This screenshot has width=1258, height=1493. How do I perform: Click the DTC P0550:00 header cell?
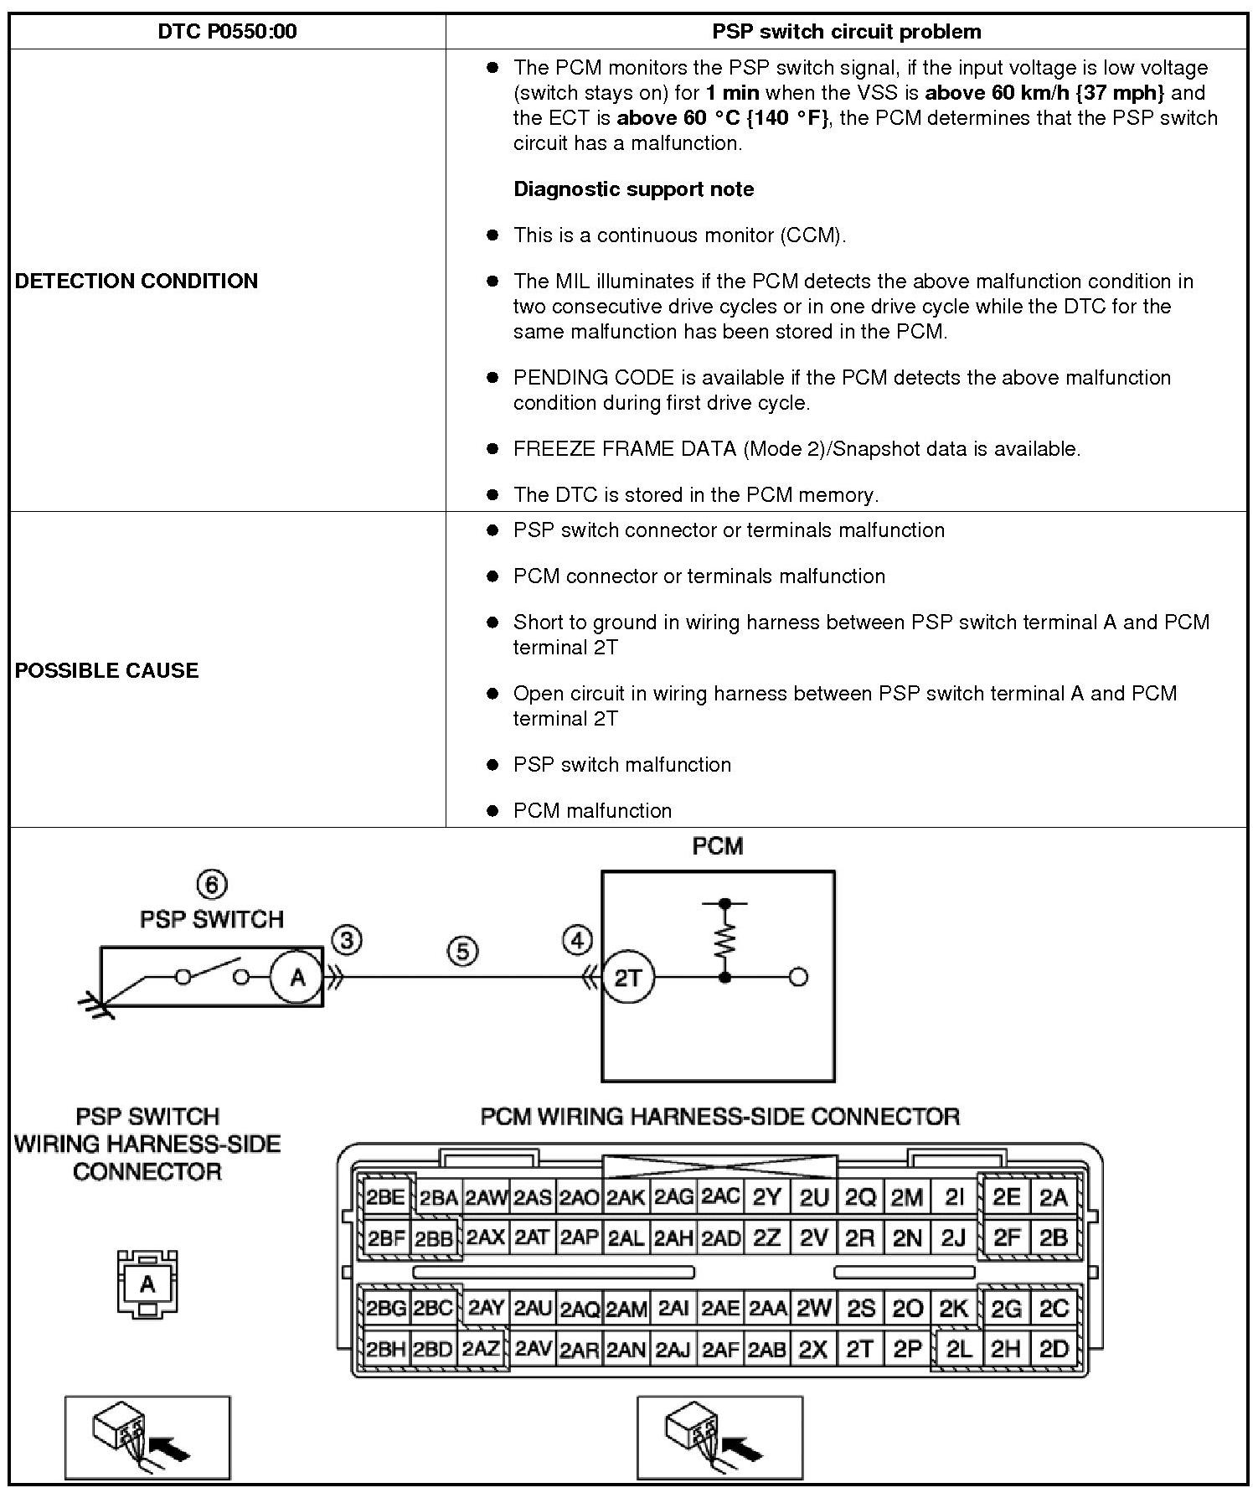click(227, 32)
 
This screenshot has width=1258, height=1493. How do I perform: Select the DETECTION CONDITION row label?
click(137, 281)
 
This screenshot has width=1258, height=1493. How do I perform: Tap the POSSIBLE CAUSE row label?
click(107, 670)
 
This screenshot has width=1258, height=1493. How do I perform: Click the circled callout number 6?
click(212, 884)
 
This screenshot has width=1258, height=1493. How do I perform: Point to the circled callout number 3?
click(347, 940)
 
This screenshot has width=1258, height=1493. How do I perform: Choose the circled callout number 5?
click(463, 951)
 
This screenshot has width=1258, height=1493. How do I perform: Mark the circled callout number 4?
click(578, 940)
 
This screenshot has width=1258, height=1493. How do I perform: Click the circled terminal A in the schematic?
click(296, 977)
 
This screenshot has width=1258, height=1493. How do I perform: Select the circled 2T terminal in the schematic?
click(627, 977)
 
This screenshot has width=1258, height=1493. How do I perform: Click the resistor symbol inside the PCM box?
click(725, 940)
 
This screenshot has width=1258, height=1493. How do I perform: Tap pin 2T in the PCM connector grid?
click(860, 1349)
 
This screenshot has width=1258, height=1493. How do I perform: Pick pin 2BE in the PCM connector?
click(385, 1197)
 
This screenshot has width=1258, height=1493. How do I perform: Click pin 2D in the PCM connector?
click(1054, 1349)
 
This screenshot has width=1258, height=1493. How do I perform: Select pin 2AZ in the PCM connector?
click(482, 1349)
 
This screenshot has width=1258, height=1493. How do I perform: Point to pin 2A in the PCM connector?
click(1054, 1197)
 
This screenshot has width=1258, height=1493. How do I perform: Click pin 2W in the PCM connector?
click(813, 1308)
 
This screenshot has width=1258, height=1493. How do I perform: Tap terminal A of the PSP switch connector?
click(148, 1284)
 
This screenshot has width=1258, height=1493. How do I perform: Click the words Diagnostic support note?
click(633, 189)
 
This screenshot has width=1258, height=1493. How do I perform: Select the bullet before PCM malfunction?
click(493, 811)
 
